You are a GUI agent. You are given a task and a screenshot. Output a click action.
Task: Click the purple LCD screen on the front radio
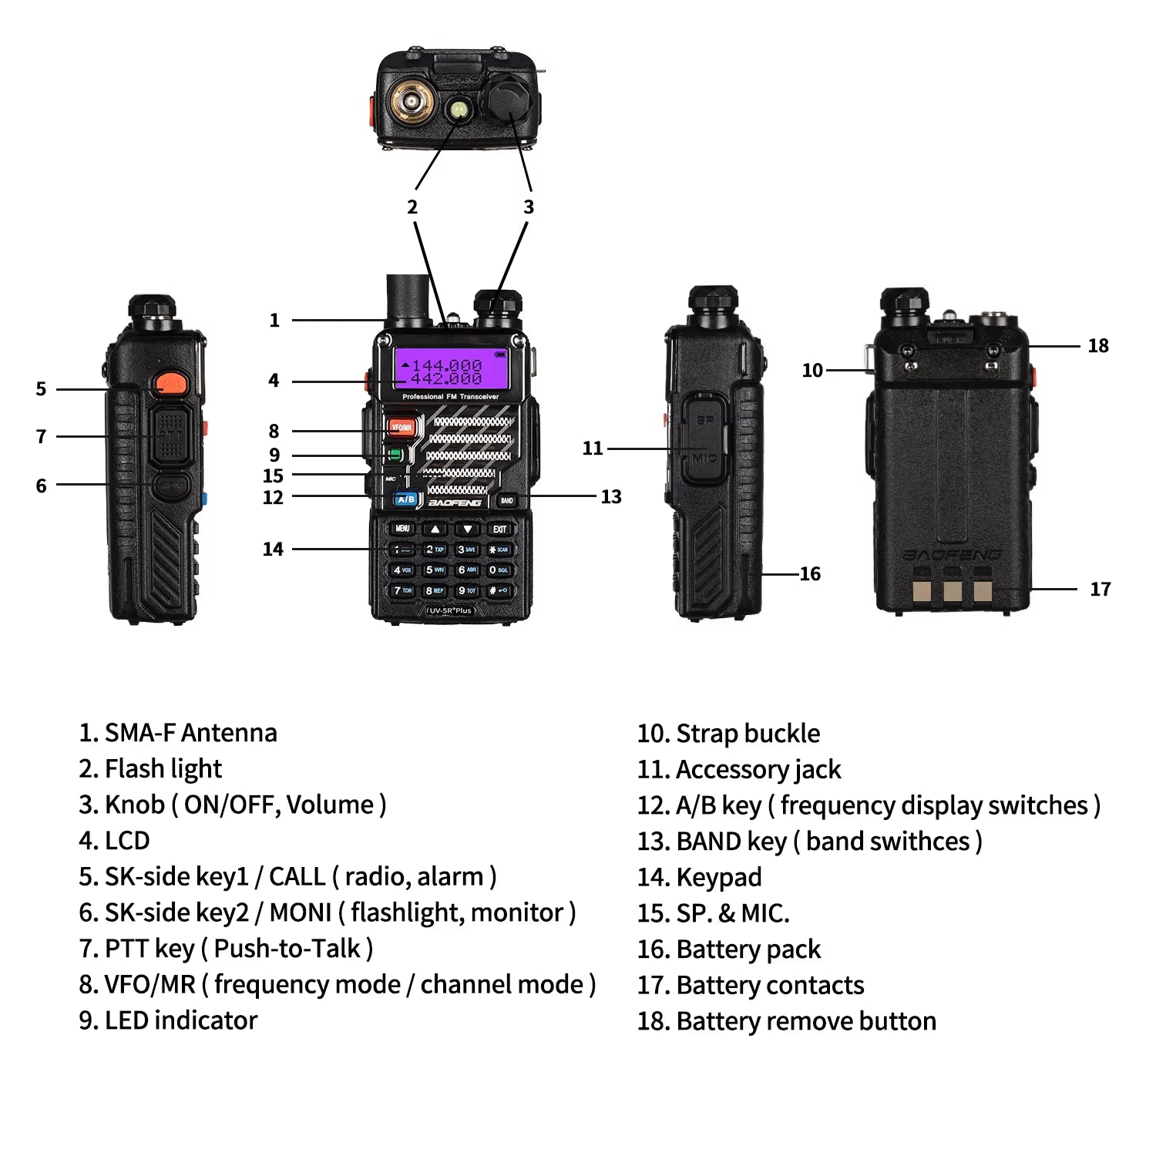pos(450,371)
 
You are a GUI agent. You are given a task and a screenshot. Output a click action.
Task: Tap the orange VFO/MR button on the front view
pos(401,427)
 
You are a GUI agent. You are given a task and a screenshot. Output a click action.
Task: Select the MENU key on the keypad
pos(402,529)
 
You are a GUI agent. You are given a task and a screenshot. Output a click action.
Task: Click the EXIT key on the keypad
pos(499,529)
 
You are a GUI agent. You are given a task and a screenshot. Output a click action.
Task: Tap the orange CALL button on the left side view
pos(170,383)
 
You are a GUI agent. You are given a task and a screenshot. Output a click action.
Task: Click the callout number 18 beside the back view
pos(1097,346)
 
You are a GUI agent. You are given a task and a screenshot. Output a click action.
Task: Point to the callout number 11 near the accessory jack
pos(592,449)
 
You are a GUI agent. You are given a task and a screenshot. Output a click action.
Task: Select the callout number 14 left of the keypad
pos(273,549)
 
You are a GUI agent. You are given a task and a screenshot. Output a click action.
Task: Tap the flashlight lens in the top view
pos(459,109)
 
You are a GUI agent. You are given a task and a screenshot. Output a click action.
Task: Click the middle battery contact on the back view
pos(953,590)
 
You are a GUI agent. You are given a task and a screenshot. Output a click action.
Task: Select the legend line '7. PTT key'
pos(226,949)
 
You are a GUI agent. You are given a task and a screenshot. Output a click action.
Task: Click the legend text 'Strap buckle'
pos(748,734)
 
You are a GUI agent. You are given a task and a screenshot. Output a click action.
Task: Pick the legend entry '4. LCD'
pos(115,841)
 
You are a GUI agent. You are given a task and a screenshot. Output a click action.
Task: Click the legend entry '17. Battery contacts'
pos(751,986)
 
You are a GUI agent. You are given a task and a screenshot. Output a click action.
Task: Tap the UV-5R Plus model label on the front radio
pos(451,610)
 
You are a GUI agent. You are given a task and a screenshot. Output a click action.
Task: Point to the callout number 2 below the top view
pos(412,207)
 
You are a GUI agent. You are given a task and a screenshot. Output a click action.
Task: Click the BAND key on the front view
pos(506,501)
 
